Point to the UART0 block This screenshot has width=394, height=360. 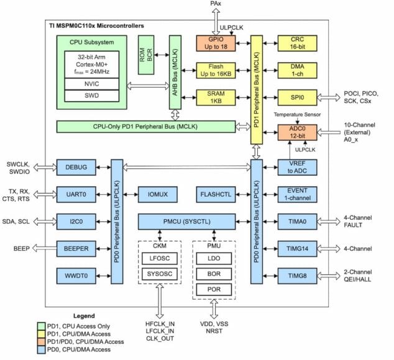click(76, 194)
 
